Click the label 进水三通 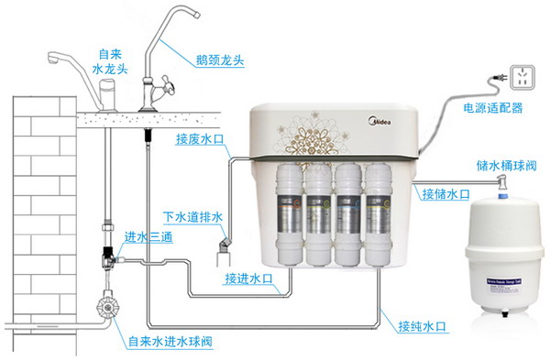click(146, 235)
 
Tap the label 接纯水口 click(423, 325)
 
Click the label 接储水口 click(445, 193)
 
